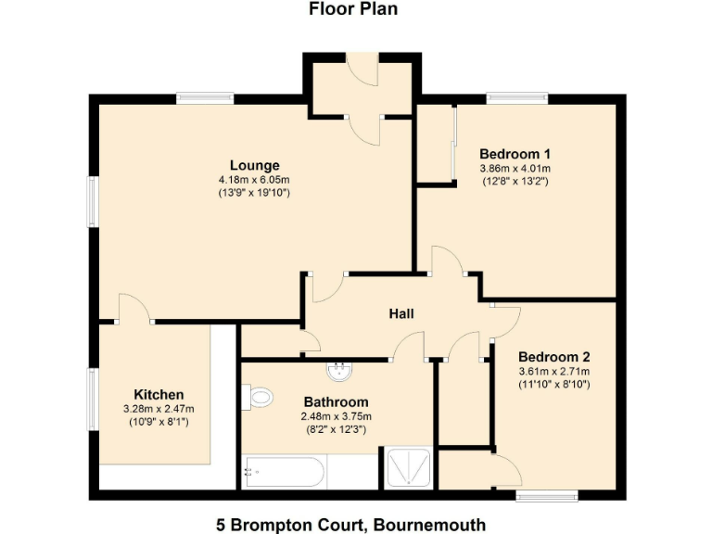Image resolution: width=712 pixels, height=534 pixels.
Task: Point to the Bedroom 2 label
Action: [553, 356]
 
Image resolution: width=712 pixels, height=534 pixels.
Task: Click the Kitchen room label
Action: [159, 394]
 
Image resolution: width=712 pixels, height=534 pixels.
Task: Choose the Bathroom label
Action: [336, 402]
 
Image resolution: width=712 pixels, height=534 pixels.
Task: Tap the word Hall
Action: [400, 313]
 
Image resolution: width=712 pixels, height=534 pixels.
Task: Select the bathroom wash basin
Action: [340, 372]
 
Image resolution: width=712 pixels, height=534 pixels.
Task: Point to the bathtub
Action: [283, 473]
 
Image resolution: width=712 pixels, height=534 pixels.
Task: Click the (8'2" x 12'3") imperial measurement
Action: [336, 429]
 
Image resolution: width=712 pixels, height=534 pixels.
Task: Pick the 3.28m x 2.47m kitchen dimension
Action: [159, 408]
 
